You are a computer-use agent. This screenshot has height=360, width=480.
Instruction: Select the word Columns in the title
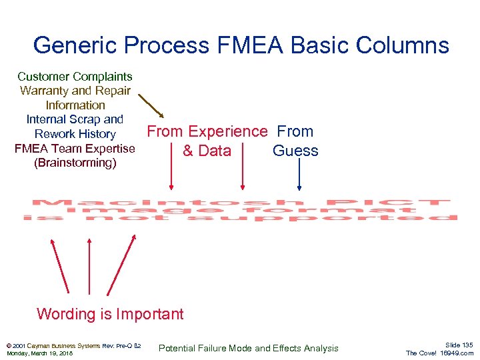pyautogui.click(x=406, y=45)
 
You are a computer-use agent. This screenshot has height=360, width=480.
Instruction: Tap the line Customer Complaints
pyautogui.click(x=75, y=77)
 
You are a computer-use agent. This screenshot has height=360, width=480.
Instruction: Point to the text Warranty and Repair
pyautogui.click(x=75, y=91)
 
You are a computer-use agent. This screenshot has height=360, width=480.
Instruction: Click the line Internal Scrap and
pyautogui.click(x=75, y=119)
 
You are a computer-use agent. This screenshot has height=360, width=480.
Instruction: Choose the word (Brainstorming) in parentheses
pyautogui.click(x=75, y=163)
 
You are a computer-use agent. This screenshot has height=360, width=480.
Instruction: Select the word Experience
pyautogui.click(x=227, y=131)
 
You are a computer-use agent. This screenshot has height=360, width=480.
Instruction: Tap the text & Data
pyautogui.click(x=207, y=151)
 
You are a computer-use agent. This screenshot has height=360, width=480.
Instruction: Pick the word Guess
pyautogui.click(x=295, y=151)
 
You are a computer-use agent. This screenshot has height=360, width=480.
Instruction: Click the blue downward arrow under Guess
pyautogui.click(x=299, y=174)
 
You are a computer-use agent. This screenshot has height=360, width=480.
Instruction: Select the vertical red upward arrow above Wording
pyautogui.click(x=89, y=265)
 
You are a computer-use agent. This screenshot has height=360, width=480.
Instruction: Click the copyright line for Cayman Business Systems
pyautogui.click(x=73, y=345)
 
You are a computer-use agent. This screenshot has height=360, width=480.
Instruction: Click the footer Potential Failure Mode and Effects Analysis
pyautogui.click(x=248, y=348)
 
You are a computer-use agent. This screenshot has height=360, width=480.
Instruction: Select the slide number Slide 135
pyautogui.click(x=459, y=345)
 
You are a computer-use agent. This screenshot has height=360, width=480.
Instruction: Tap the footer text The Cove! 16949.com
pyautogui.click(x=439, y=353)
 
